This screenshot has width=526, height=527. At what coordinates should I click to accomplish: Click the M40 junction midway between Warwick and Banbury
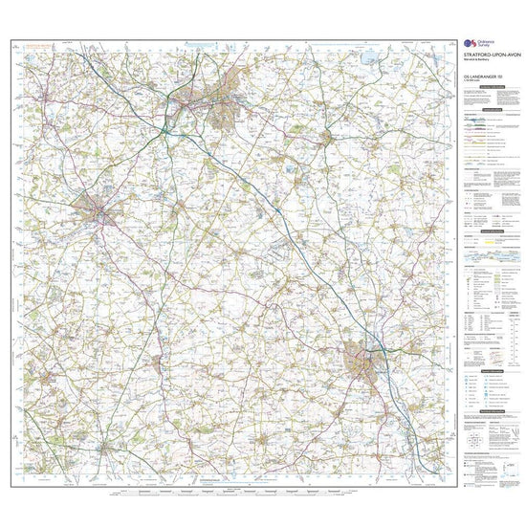[x=274, y=208]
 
